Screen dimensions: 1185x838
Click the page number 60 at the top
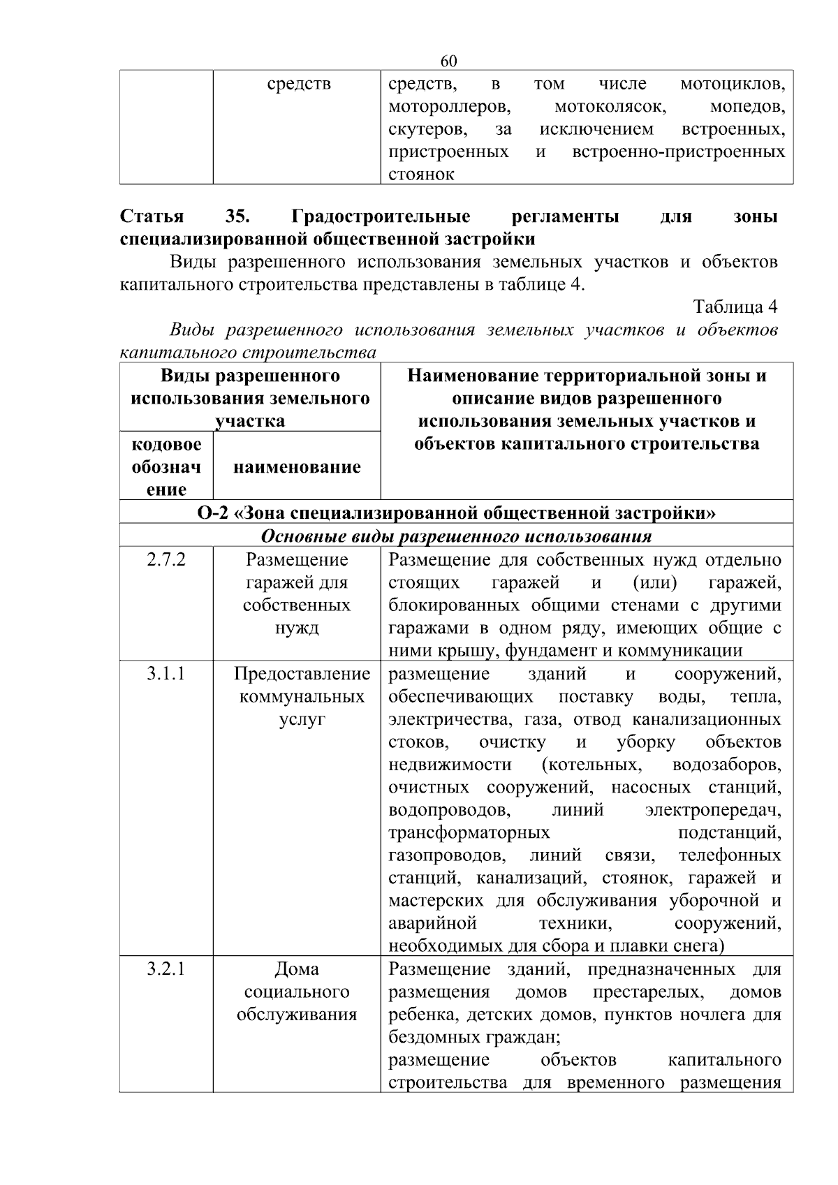(449, 61)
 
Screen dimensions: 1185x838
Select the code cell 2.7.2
(166, 559)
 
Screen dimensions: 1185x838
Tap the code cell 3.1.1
(166, 674)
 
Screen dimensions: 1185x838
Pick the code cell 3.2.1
(166, 969)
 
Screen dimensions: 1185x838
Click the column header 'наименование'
(297, 466)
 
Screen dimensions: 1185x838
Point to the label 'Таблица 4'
(735, 307)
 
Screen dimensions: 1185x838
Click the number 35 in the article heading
(238, 216)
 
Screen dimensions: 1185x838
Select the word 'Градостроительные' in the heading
(381, 216)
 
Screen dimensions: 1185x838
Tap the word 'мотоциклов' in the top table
(733, 84)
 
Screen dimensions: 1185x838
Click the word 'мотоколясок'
(610, 107)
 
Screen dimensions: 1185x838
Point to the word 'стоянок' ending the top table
(421, 175)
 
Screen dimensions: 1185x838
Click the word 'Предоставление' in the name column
(302, 674)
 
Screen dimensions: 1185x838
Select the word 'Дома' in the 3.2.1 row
(297, 969)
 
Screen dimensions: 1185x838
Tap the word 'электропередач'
(713, 810)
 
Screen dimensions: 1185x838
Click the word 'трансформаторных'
(469, 832)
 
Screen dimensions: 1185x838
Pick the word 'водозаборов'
(726, 765)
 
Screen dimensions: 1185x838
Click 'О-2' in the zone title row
(213, 513)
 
